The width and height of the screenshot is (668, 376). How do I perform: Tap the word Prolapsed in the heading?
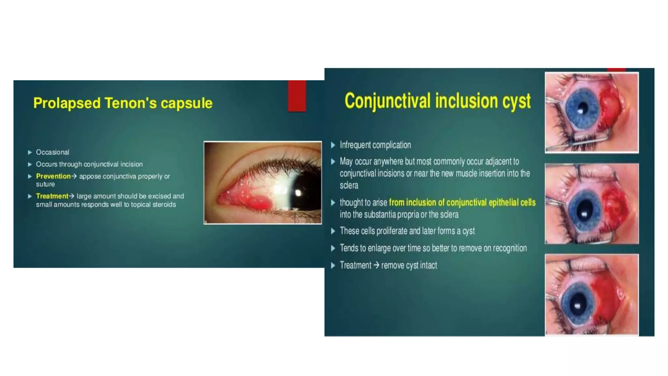coord(67,103)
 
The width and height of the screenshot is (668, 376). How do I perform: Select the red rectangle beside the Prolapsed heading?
coord(297,96)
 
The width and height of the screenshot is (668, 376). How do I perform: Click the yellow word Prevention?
coord(53,176)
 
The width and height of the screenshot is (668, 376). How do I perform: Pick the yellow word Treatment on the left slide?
coord(52,196)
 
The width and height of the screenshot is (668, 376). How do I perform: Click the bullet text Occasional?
coord(53,152)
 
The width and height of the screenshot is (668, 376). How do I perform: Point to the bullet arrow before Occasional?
coord(30,152)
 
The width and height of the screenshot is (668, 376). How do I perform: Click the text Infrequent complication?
coord(375,145)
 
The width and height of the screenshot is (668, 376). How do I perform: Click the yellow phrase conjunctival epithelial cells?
coord(491,202)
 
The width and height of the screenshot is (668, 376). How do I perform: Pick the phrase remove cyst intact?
coord(409,265)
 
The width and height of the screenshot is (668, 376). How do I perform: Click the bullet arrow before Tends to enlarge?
coord(333,248)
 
